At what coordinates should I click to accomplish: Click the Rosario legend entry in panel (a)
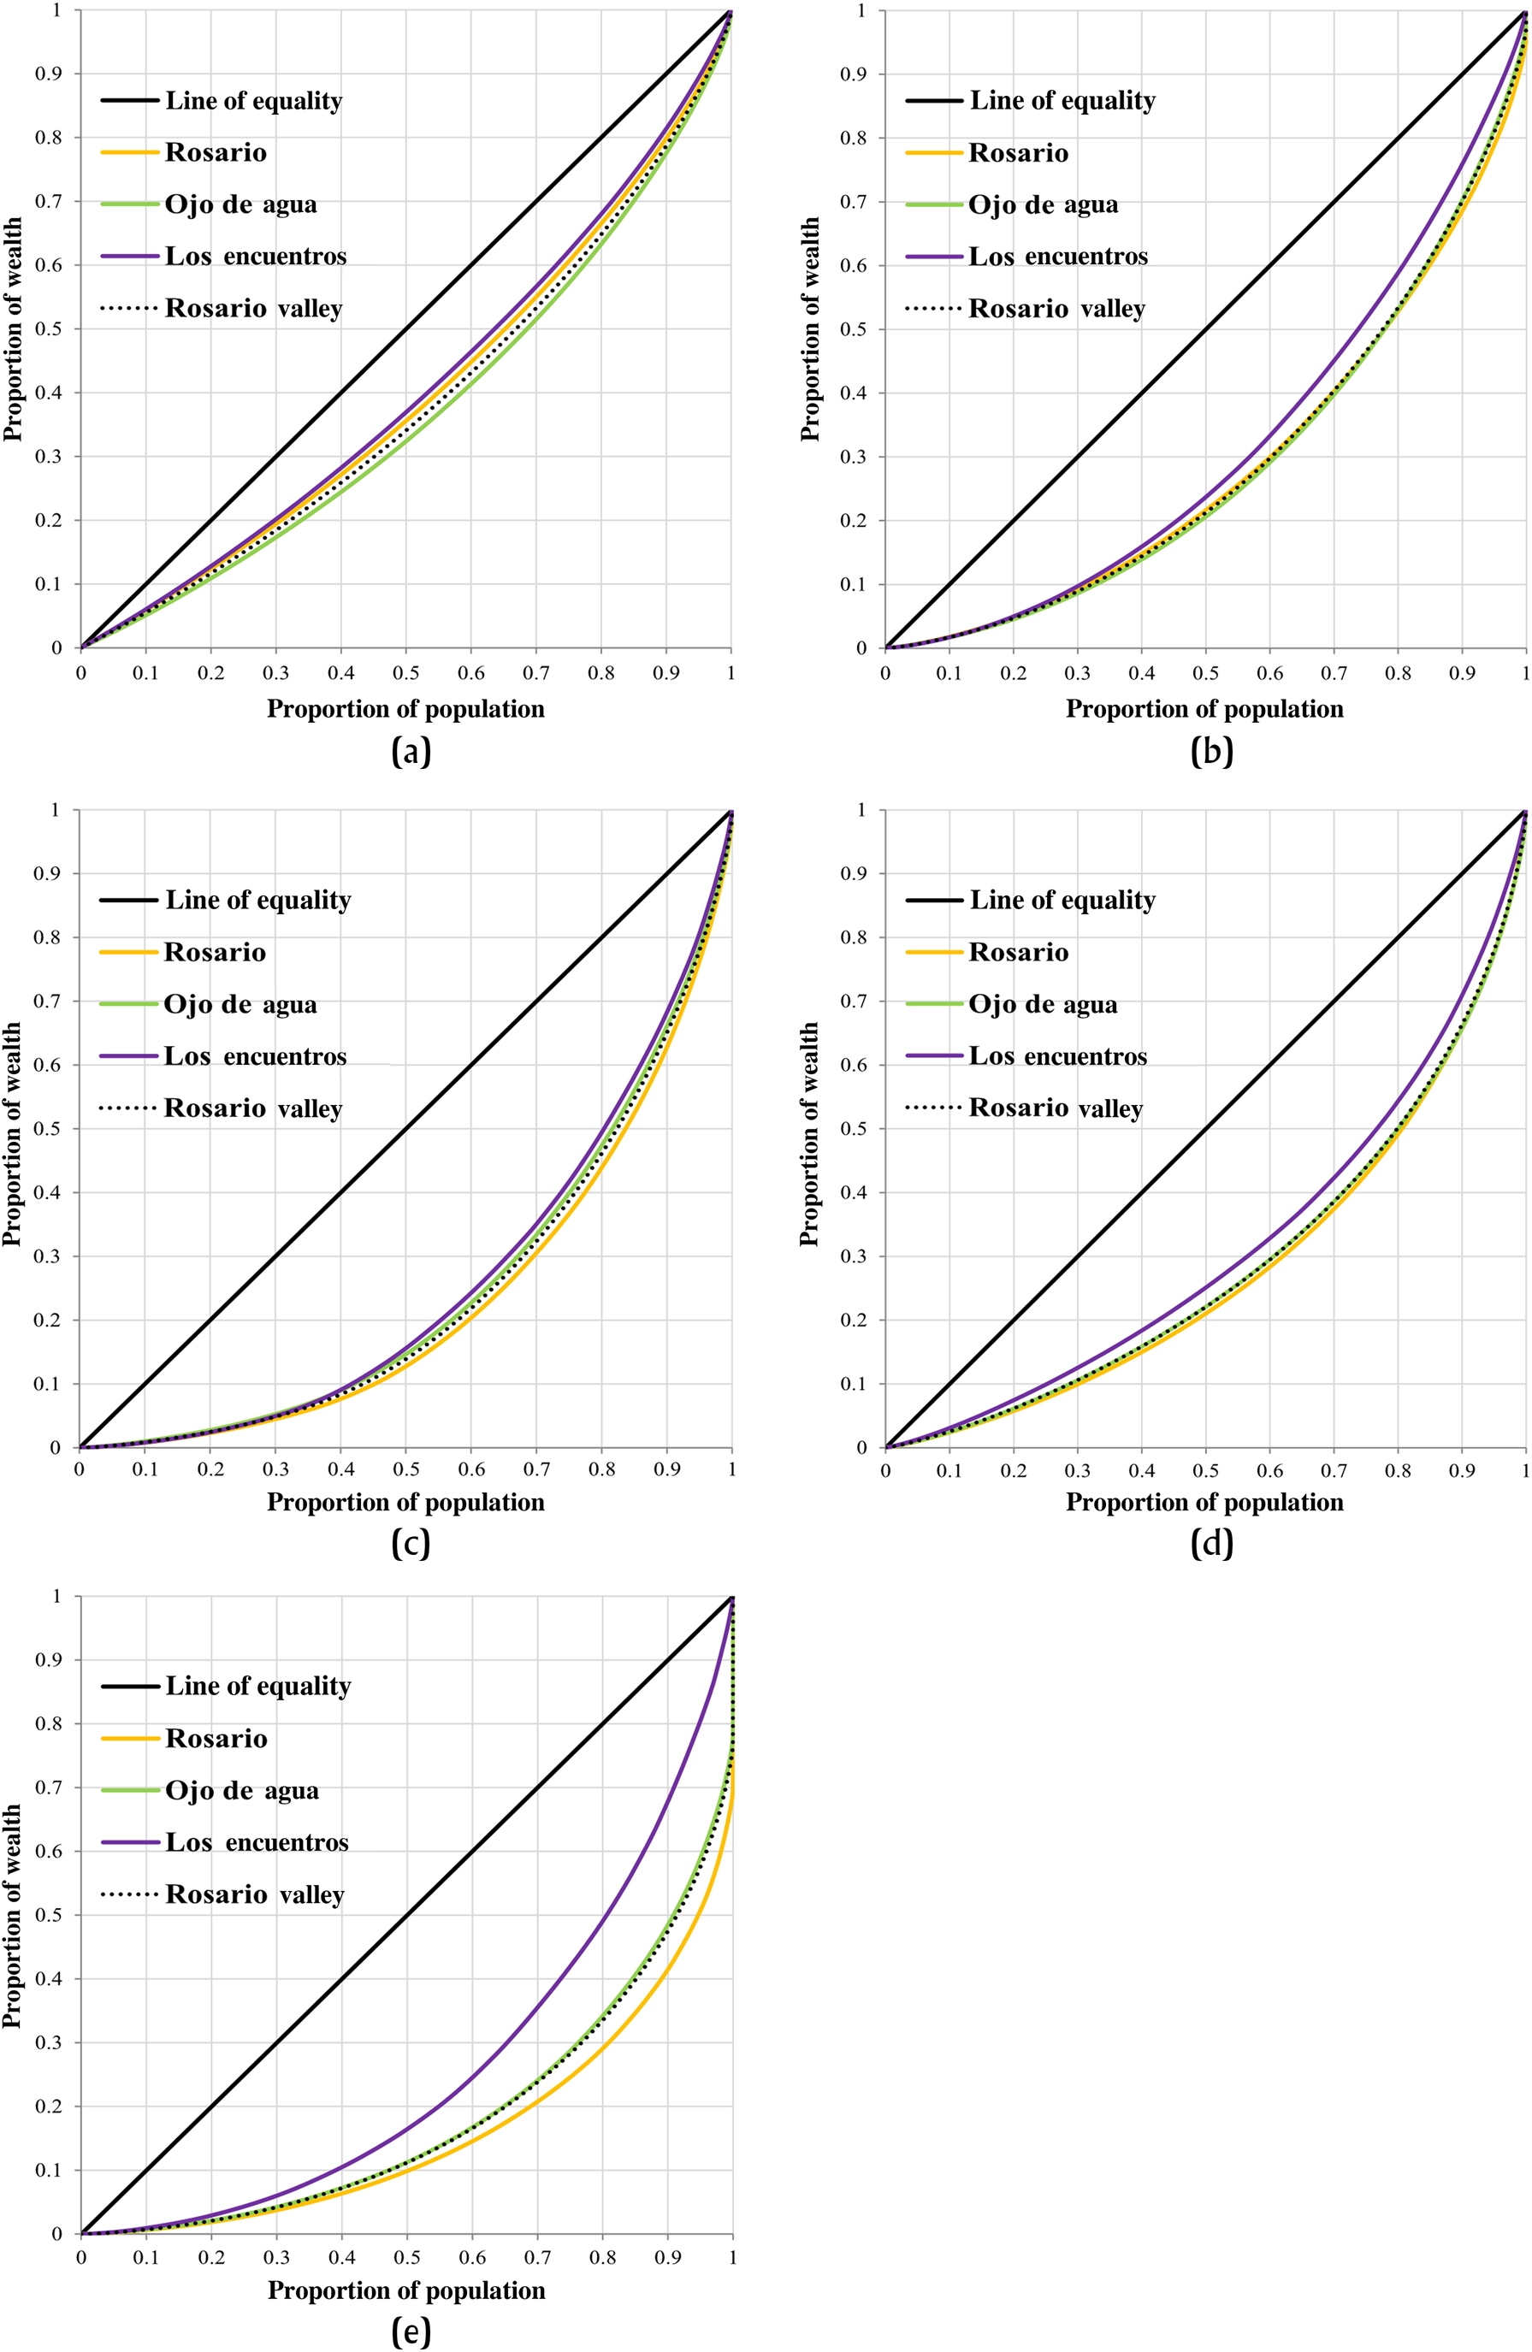pyautogui.click(x=216, y=152)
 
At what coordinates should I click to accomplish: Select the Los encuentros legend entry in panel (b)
pyautogui.click(x=1057, y=257)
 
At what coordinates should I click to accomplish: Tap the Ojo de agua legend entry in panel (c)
pyautogui.click(x=240, y=1005)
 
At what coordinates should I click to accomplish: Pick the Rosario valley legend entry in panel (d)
pyautogui.click(x=1056, y=1108)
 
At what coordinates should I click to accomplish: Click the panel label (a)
pyautogui.click(x=411, y=752)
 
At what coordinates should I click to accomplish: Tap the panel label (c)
pyautogui.click(x=411, y=1543)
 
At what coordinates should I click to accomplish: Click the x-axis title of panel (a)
pyautogui.click(x=405, y=708)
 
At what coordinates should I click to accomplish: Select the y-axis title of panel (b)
pyautogui.click(x=810, y=329)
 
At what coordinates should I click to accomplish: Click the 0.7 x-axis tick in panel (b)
pyautogui.click(x=1334, y=673)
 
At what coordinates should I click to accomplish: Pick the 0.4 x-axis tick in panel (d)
pyautogui.click(x=1142, y=1470)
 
